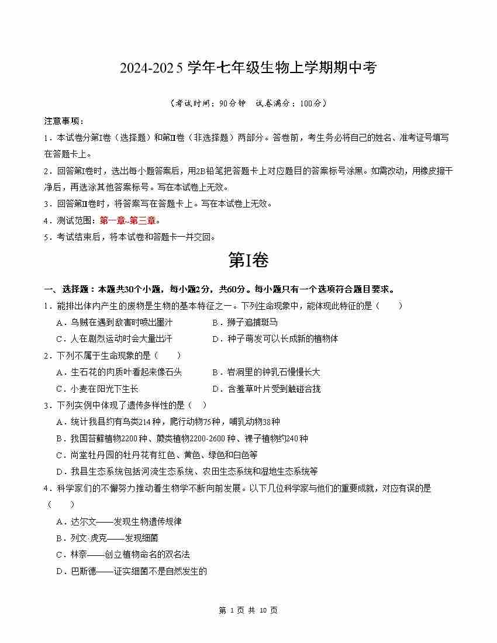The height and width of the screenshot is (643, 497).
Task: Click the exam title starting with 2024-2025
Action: [x=248, y=68]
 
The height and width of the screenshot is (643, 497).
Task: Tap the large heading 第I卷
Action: [x=248, y=261]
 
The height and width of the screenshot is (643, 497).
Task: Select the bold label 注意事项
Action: [x=64, y=121]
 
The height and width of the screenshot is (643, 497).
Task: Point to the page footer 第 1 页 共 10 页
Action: [x=248, y=610]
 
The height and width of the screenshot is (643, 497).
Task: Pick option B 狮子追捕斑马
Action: [x=244, y=322]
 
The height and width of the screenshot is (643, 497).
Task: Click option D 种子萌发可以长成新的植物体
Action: [x=275, y=338]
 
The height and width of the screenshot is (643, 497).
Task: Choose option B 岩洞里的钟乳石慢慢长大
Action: [x=266, y=372]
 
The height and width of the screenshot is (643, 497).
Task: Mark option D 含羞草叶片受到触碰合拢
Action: [x=266, y=389]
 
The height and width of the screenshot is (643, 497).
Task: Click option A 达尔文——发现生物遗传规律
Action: [x=119, y=521]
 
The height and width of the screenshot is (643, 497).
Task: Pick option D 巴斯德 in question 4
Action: [x=132, y=571]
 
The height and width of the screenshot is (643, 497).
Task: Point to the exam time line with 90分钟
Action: [x=248, y=103]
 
